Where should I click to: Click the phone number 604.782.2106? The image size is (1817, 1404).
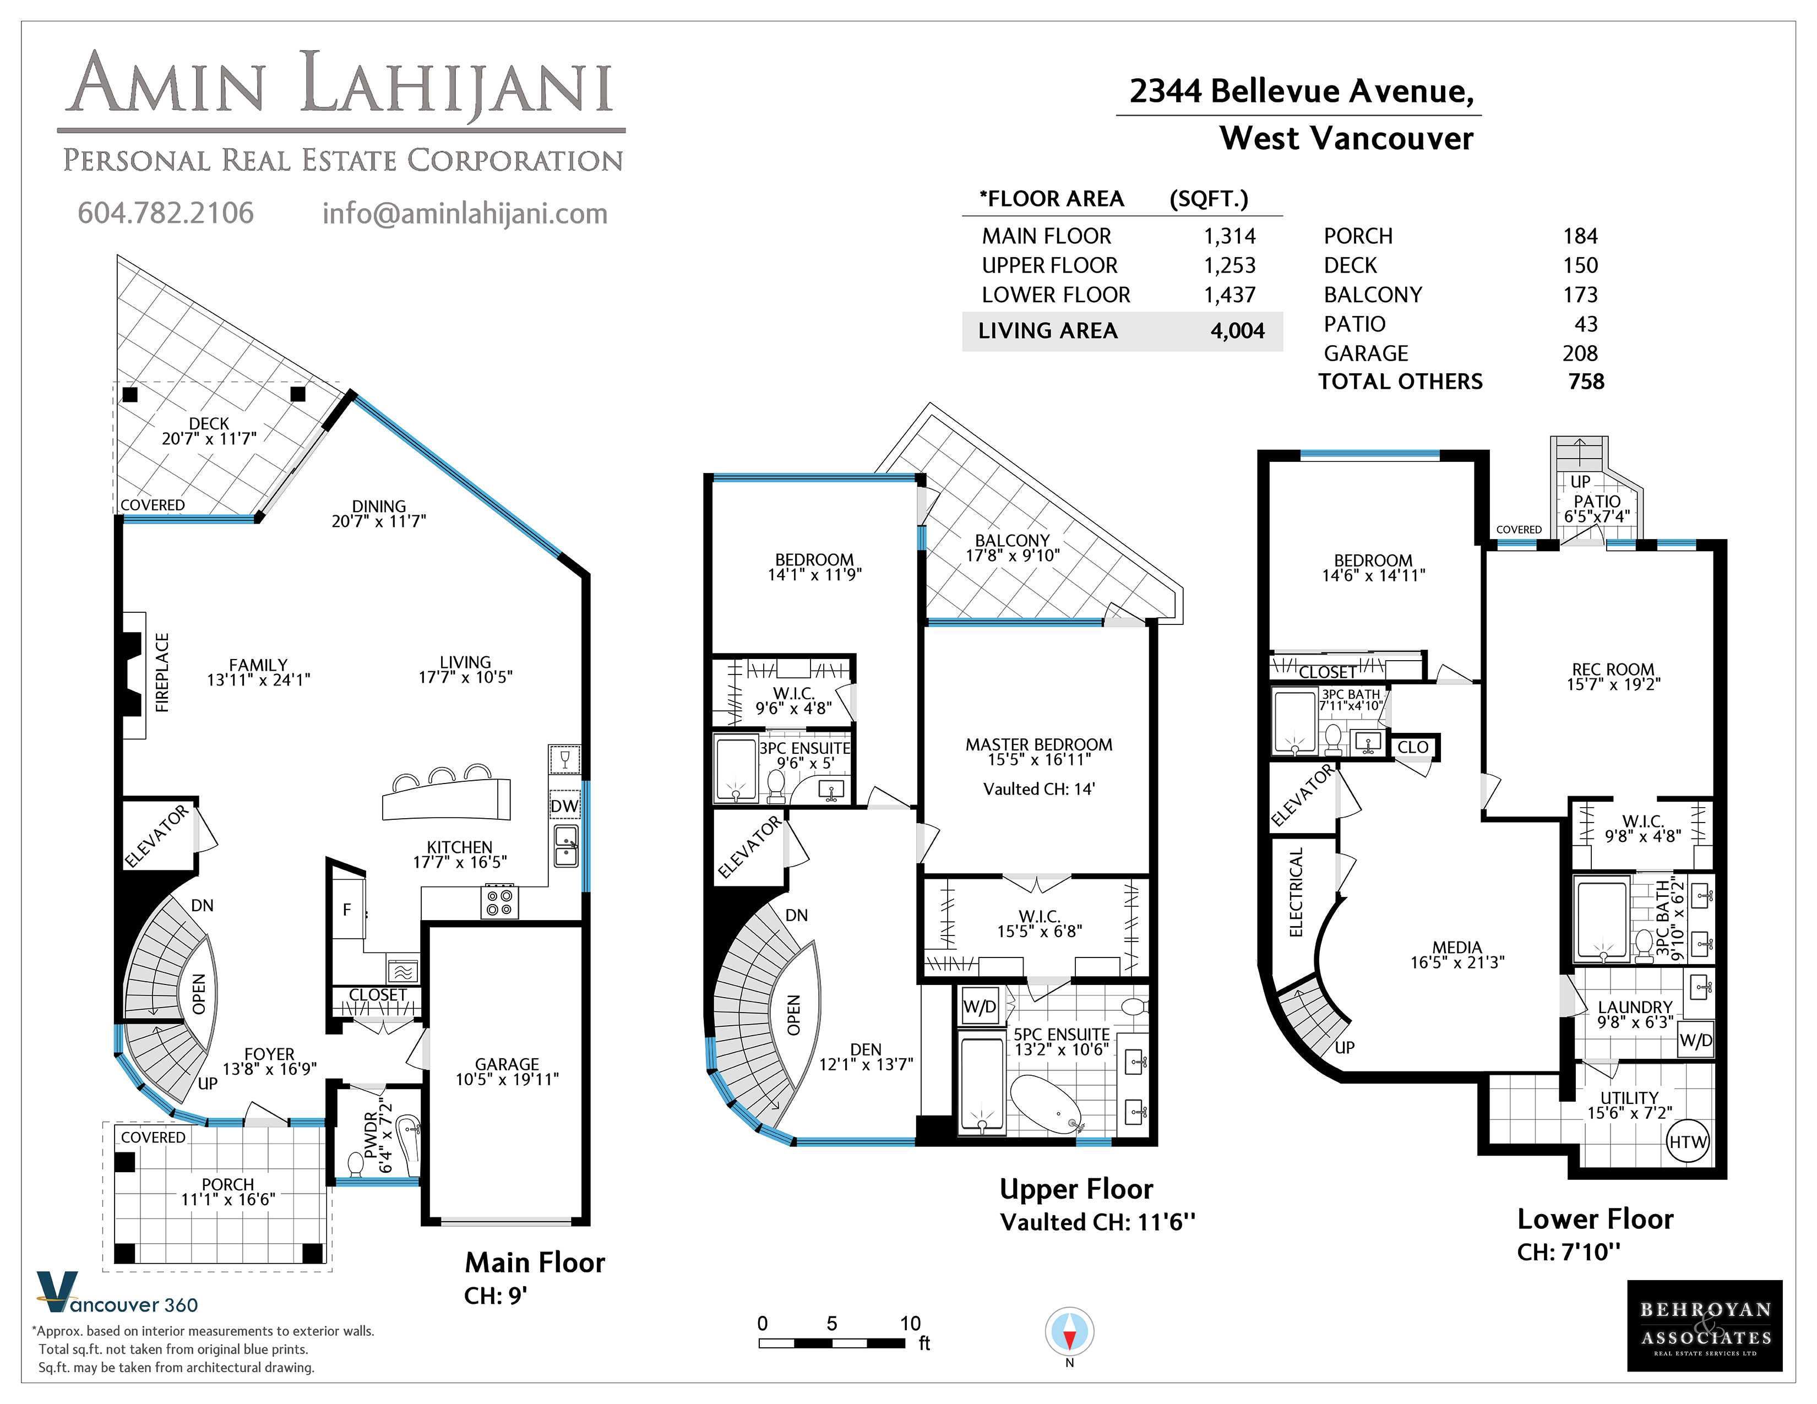point(166,213)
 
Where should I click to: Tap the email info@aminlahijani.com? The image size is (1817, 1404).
point(465,214)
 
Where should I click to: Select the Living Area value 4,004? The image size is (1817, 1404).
point(1237,331)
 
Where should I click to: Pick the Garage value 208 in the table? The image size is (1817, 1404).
point(1580,353)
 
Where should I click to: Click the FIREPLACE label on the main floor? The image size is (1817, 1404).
point(162,672)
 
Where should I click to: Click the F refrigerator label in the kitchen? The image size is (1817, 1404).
point(347,910)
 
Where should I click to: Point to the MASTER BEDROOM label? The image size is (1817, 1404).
point(1038,744)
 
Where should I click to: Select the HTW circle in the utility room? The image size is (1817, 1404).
point(1688,1142)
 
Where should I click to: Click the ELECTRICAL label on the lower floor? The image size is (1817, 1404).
point(1296,891)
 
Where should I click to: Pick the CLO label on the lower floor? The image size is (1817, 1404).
point(1413,747)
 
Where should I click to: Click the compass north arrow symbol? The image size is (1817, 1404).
point(1069,1332)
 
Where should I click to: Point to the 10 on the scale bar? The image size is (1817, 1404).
point(910,1323)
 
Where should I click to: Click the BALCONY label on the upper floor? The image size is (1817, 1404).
point(1013,541)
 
